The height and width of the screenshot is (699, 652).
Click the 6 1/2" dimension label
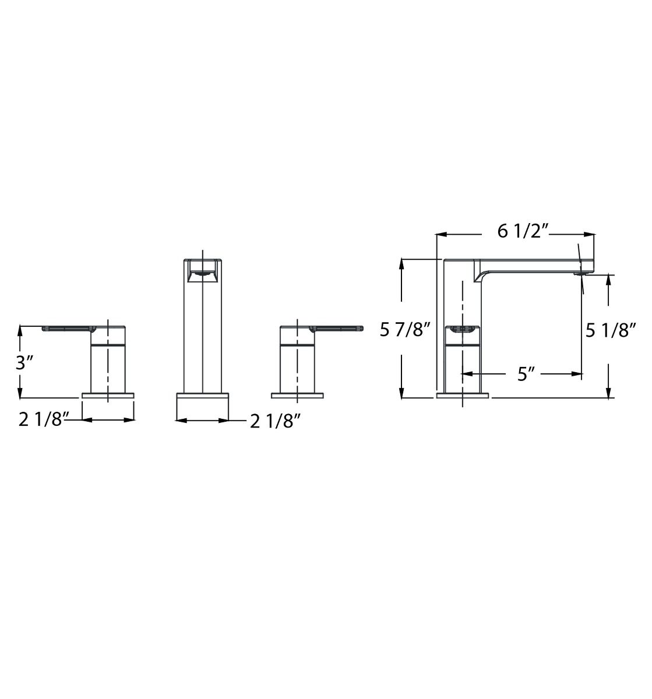tap(523, 232)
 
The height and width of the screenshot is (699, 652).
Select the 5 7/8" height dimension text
tap(406, 330)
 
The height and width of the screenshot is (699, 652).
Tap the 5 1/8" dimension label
tap(611, 330)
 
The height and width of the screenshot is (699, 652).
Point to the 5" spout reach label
tap(526, 374)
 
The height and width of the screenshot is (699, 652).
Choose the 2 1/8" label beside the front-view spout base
tap(276, 421)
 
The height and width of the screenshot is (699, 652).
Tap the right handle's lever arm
tap(336, 329)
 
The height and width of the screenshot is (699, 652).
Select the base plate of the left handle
tap(108, 396)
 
